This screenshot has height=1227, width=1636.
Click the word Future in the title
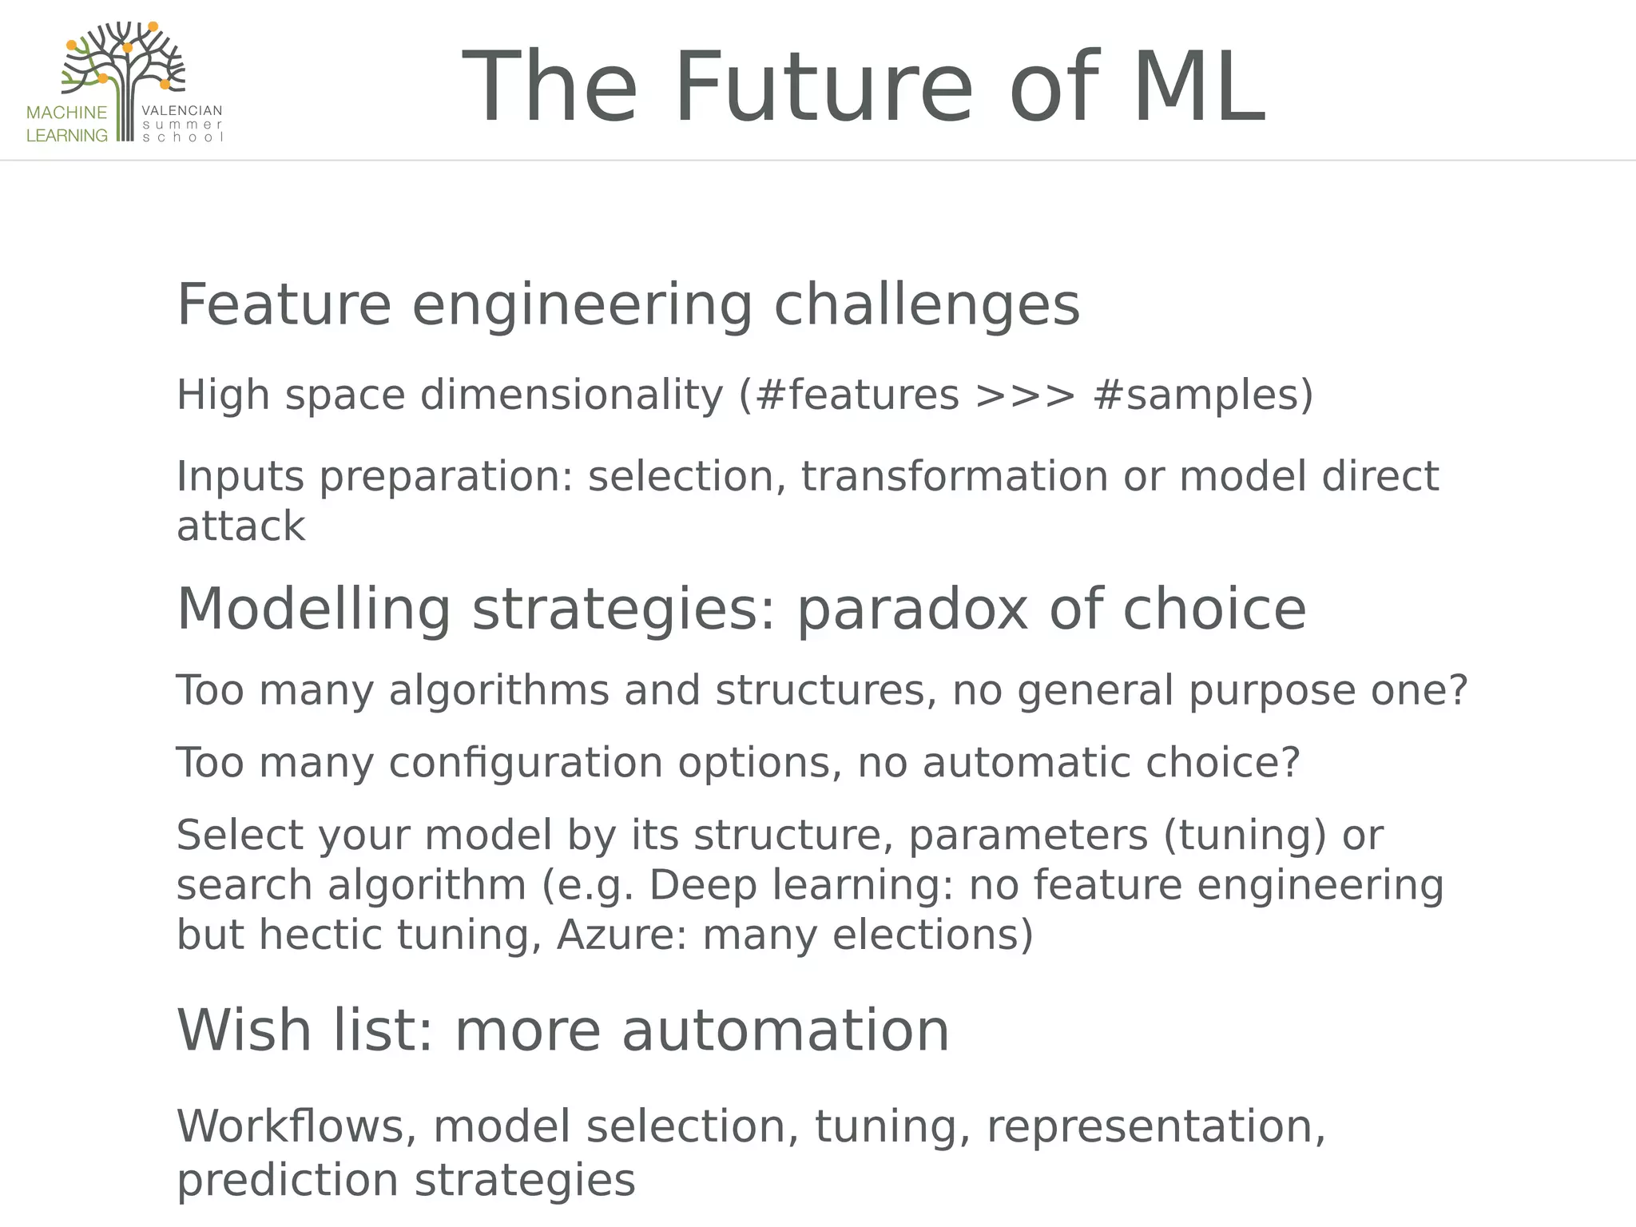[x=823, y=88]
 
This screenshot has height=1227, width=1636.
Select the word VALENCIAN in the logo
[x=182, y=111]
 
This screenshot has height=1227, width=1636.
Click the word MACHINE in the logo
[x=66, y=113]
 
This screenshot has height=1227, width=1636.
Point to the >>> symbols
[x=1025, y=395]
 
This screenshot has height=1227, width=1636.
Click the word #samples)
[x=1202, y=395]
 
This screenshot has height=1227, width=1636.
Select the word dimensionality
[x=571, y=395]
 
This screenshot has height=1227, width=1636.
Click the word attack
[x=240, y=526]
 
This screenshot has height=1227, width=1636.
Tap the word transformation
[x=954, y=477]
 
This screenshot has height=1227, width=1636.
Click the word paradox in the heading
[x=911, y=610]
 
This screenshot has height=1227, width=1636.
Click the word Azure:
[x=621, y=935]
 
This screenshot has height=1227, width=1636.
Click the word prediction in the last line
[x=287, y=1181]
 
